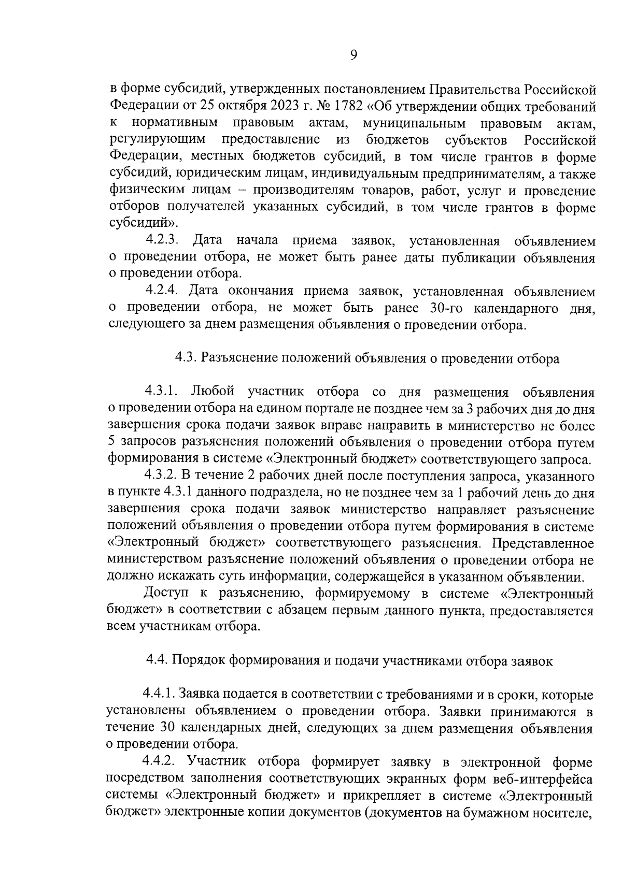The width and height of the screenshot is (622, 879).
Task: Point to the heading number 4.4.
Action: [157, 660]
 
